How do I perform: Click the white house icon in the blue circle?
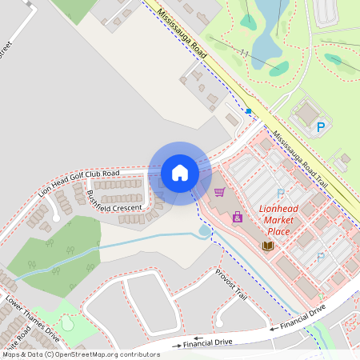[x=180, y=172]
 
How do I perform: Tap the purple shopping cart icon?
[x=219, y=192]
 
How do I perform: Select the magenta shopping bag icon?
[x=237, y=217]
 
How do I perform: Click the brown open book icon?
[x=267, y=245]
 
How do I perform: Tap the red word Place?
[x=279, y=232]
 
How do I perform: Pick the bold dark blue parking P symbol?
[x=322, y=126]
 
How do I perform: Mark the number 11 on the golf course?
[x=245, y=54]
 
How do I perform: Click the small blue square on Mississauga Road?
[x=249, y=111]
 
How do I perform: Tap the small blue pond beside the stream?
[x=204, y=231]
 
